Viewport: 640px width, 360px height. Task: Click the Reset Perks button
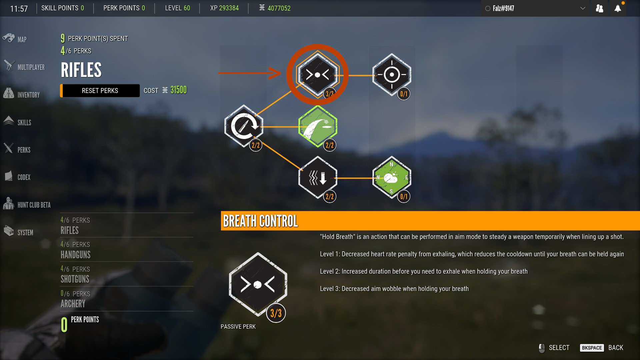click(100, 91)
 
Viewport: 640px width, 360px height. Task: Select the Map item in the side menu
click(15, 39)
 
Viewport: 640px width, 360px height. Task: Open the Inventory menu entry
click(21, 94)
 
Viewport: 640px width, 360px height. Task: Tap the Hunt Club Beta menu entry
click(27, 204)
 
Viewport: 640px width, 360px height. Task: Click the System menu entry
click(19, 232)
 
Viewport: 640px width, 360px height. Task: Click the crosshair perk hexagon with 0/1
click(392, 75)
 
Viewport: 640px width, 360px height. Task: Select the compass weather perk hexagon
click(392, 178)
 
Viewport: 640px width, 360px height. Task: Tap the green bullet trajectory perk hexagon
click(318, 126)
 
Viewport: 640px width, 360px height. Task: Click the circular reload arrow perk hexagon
click(244, 126)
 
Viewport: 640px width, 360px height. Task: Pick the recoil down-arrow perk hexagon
click(318, 178)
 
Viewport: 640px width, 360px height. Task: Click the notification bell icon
click(618, 8)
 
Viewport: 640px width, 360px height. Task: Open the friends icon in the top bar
click(599, 8)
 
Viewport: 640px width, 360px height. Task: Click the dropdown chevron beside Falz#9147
click(583, 8)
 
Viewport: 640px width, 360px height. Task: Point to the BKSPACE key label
click(592, 348)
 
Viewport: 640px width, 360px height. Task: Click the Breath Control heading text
click(260, 221)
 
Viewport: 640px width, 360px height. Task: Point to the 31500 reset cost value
click(179, 90)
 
